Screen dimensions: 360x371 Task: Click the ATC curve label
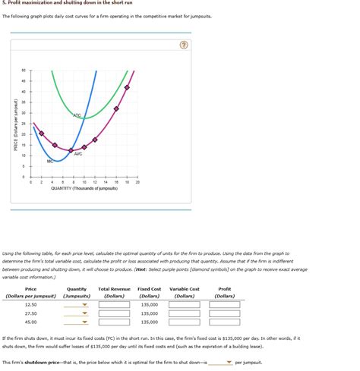[77, 115]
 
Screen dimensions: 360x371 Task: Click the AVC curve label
[78, 153]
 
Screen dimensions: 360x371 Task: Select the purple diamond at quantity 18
[127, 88]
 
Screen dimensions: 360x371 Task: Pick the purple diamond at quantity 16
[116, 108]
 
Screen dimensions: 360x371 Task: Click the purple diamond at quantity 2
[42, 133]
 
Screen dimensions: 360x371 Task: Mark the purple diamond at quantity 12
[95, 140]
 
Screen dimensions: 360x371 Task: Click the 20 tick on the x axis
[137, 182]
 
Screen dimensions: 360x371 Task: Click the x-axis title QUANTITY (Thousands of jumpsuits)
[84, 188]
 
